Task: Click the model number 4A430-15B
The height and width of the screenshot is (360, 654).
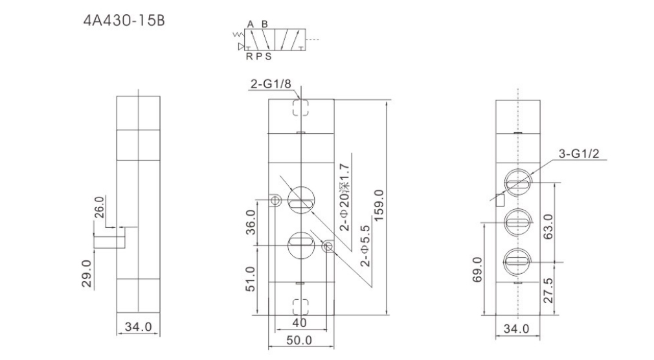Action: [x=124, y=21]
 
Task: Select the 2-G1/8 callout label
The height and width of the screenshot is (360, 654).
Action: [x=271, y=84]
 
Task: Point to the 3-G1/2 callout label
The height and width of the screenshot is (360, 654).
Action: [x=578, y=153]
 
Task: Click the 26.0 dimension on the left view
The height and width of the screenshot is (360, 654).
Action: [x=99, y=207]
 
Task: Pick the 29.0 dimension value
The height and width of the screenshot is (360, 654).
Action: [x=86, y=274]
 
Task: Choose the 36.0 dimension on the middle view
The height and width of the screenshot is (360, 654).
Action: [x=250, y=222]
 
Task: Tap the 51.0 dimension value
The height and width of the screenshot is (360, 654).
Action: [x=250, y=279]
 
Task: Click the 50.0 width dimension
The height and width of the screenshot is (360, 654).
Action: [x=299, y=341]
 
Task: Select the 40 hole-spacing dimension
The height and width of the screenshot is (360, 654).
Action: [x=299, y=322]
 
